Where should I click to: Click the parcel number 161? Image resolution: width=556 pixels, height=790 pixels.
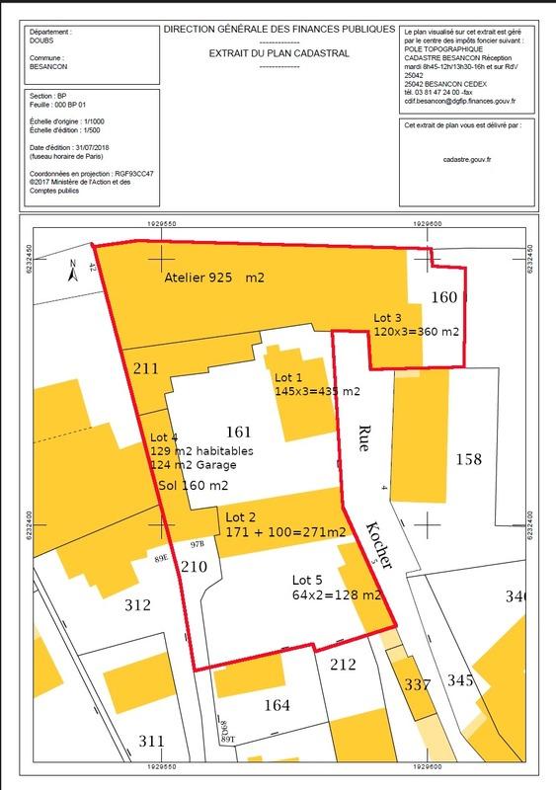240,432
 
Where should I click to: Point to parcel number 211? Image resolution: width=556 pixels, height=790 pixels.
145,370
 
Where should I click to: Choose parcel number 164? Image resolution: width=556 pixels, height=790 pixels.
278,704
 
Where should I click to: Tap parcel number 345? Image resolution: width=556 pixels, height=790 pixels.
460,680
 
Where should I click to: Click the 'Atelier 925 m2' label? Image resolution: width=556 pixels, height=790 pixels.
214,279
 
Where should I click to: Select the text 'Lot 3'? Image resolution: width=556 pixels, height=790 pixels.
389,318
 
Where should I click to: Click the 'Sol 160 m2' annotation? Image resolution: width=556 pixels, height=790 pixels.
194,485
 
